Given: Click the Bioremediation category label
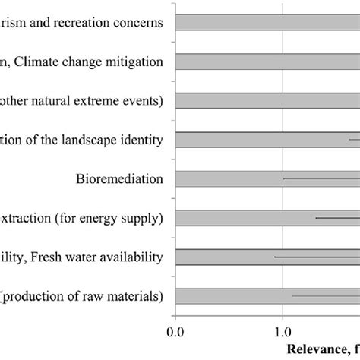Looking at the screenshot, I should (x=120, y=179).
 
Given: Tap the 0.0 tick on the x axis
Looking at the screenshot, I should (x=175, y=331).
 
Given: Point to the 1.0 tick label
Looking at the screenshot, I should (x=283, y=331).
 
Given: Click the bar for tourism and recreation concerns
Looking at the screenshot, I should (x=266, y=22).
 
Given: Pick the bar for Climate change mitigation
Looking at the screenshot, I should (x=266, y=61).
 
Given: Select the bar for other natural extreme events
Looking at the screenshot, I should (x=266, y=100).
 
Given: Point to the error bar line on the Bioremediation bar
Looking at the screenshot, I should (x=319, y=179).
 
